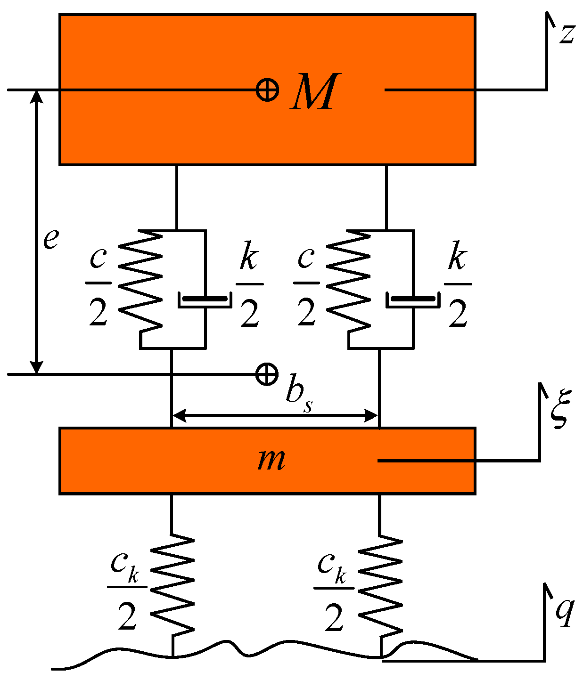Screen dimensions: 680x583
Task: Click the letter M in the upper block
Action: pyautogui.click(x=314, y=92)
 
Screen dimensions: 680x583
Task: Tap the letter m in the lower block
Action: pyautogui.click(x=271, y=460)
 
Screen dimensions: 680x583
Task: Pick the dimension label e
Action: pyautogui.click(x=51, y=239)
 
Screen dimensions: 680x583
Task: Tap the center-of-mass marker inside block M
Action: pyautogui.click(x=267, y=89)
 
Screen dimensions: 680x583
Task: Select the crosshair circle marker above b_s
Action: pyautogui.click(x=267, y=374)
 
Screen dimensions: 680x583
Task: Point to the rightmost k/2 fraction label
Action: pyautogui.click(x=458, y=285)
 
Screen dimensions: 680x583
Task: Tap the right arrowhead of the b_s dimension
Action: pyautogui.click(x=372, y=416)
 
